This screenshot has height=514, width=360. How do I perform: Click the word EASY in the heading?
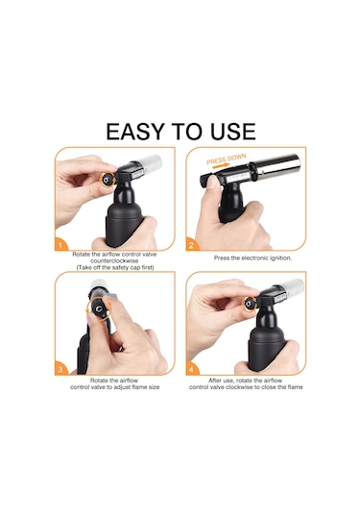click(134, 132)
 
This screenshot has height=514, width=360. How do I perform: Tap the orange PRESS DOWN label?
click(226, 159)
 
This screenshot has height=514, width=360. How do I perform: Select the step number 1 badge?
click(60, 245)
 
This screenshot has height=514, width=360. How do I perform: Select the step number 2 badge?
click(191, 245)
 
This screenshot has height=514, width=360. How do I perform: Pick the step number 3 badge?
click(60, 370)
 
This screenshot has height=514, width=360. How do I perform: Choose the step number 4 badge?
click(191, 370)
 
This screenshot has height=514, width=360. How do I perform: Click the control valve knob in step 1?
click(107, 179)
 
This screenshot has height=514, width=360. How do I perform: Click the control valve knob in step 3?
click(99, 309)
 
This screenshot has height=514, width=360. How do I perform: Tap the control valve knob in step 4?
click(250, 304)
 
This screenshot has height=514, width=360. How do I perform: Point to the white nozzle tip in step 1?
click(150, 162)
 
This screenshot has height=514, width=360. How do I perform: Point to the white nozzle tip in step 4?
click(292, 286)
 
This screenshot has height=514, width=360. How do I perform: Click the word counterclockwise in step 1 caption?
click(114, 261)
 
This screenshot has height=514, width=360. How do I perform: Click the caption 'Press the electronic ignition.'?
click(252, 258)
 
